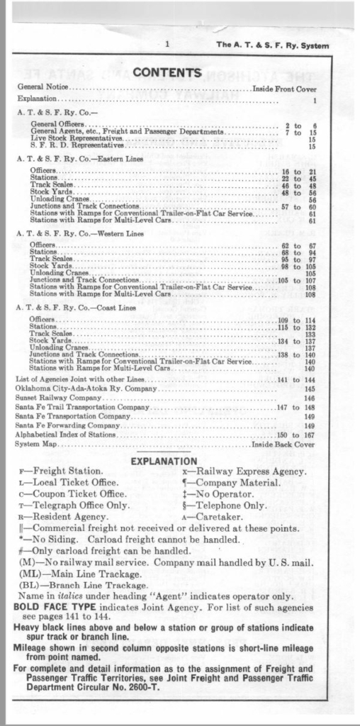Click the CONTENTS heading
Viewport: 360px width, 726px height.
(167, 72)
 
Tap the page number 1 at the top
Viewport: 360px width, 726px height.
(167, 45)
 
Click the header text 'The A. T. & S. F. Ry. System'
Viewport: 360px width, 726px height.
(273, 45)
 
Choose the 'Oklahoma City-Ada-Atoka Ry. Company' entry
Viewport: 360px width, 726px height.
(86, 389)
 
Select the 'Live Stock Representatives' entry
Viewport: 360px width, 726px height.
(76, 139)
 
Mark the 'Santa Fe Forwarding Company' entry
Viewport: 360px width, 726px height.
(67, 425)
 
